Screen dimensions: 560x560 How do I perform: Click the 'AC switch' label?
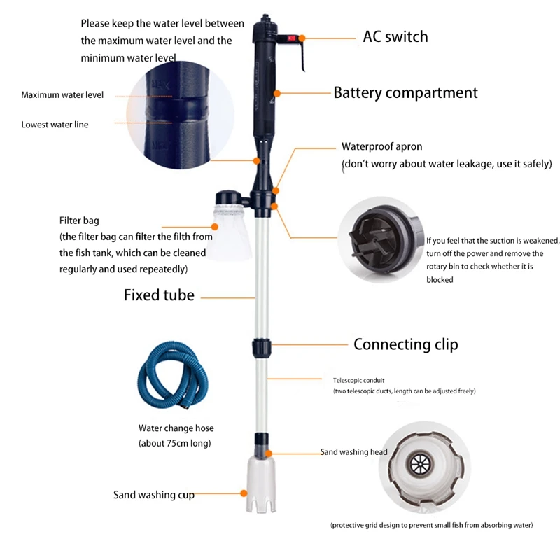pos(395,36)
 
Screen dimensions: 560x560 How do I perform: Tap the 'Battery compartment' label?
pos(405,92)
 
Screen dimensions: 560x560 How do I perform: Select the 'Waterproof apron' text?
pos(381,147)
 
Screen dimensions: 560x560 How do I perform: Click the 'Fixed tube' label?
pos(159,295)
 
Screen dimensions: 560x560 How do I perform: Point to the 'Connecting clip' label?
pos(405,344)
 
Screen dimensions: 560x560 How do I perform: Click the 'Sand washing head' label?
pos(353,452)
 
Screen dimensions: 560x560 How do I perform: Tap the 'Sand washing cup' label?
pos(154,495)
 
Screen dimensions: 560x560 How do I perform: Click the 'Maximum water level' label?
pos(62,94)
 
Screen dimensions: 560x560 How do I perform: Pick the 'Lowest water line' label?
pos(55,124)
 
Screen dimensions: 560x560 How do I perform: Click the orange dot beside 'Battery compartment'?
pos(278,92)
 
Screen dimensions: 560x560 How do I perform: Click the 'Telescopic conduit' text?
pos(359,380)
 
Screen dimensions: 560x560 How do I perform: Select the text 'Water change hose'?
pos(176,428)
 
